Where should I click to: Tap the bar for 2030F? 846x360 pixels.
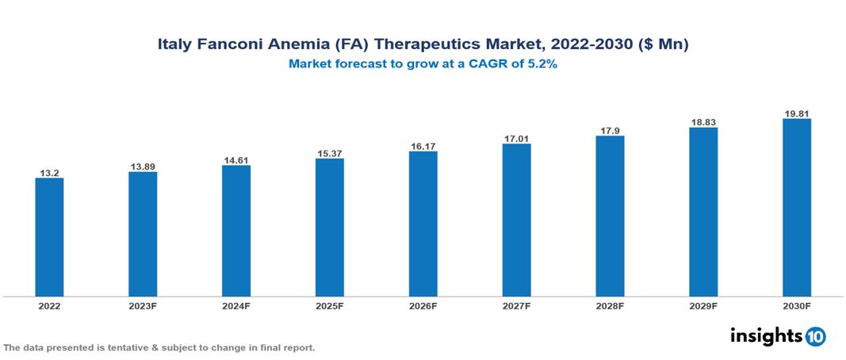tap(796, 208)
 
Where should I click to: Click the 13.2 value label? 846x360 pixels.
tap(49, 172)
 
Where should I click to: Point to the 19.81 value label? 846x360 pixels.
tap(796, 113)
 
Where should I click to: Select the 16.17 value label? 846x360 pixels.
tap(423, 146)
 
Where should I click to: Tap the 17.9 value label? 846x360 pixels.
tap(610, 130)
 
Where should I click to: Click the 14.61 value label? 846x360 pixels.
tap(236, 160)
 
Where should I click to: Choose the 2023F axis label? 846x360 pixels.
tap(143, 306)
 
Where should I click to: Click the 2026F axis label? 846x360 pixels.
tap(423, 306)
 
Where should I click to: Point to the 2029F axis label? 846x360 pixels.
tap(703, 306)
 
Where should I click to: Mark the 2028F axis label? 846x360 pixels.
tap(610, 306)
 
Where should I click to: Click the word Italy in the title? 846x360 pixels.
tap(174, 45)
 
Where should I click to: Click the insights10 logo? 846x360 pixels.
tap(777, 336)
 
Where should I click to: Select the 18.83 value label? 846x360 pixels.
tap(703, 122)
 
